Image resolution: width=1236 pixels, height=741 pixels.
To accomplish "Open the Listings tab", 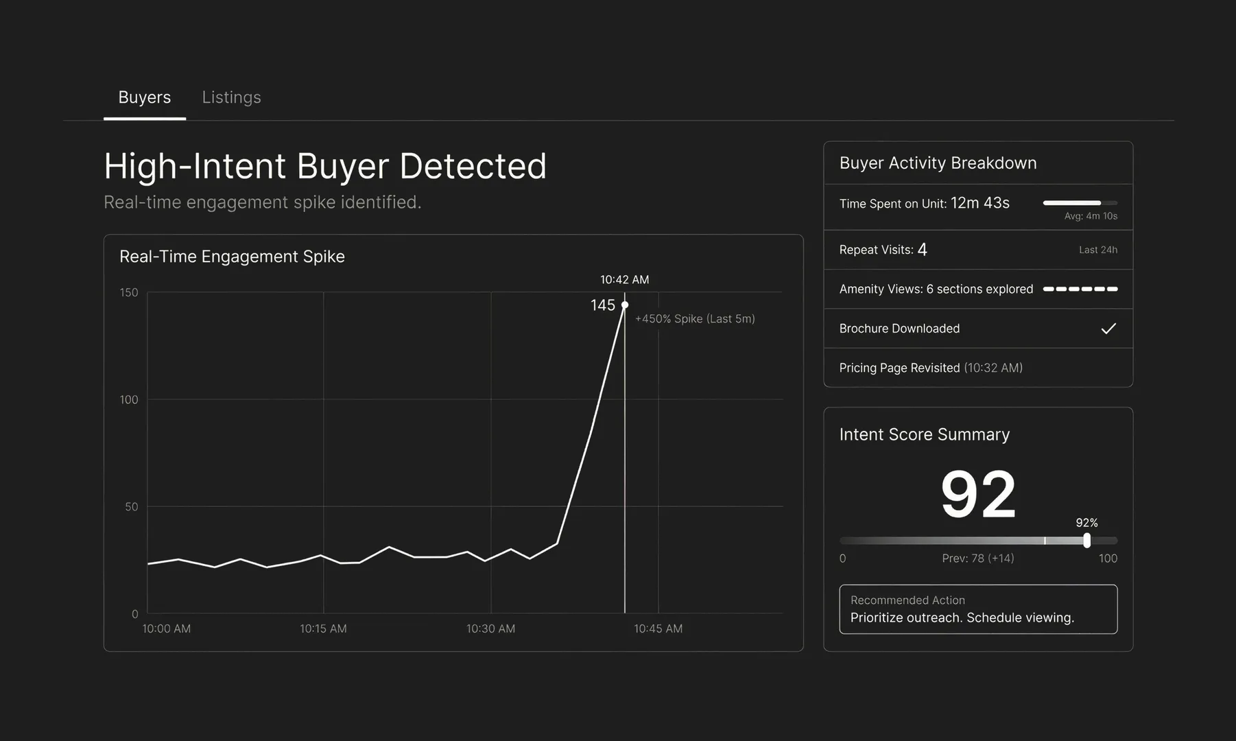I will coord(231,97).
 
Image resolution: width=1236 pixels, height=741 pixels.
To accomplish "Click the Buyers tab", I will coord(145,97).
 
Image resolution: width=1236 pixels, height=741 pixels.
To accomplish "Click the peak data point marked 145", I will coord(625,305).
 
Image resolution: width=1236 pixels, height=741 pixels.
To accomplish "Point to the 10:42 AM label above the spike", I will coord(624,280).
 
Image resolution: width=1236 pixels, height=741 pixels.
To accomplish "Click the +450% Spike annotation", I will coord(694,319).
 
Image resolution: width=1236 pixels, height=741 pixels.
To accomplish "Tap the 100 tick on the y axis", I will coord(129,399).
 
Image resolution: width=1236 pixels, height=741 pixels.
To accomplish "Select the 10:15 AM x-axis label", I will coord(323,628).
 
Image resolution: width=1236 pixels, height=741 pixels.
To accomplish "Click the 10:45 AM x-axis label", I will coord(658,628).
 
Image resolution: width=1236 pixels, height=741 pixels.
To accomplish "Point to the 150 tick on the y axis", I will coord(129,292).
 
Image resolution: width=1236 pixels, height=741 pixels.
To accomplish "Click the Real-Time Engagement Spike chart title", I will coord(232,257).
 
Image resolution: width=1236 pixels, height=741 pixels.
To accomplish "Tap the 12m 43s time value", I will coord(979,203).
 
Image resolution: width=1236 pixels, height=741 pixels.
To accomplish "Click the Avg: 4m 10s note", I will coord(1091,216).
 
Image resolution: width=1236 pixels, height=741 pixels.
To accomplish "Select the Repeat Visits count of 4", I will coord(923,250).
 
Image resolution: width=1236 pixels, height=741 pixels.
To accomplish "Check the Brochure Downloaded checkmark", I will coord(1108,329).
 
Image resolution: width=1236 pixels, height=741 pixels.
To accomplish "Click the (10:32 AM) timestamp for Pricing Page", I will coord(993,368).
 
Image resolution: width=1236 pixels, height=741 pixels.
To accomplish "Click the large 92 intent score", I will coord(978,494).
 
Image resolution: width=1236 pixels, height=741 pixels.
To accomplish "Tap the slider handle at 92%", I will coord(1086,541).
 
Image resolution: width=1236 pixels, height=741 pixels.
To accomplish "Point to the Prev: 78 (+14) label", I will coord(977,558).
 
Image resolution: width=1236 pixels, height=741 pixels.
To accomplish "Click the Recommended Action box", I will coord(978,609).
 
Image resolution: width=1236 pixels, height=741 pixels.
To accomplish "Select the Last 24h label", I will coord(1097,250).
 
